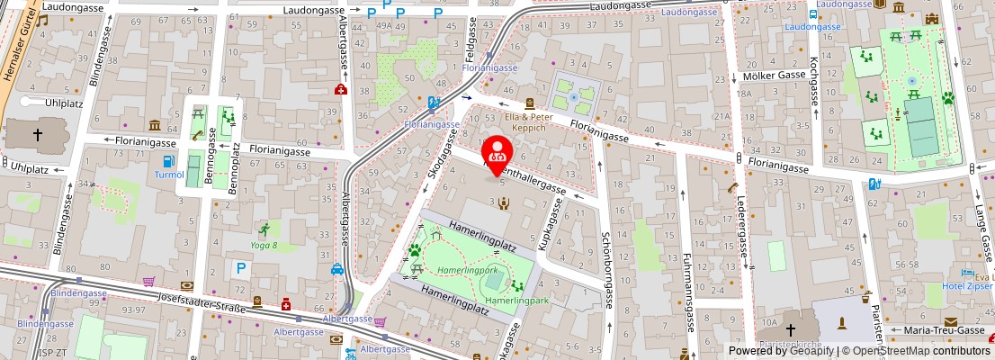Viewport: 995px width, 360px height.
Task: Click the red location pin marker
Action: pyautogui.click(x=497, y=150)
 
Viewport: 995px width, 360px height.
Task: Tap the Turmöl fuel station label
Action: pyautogui.click(x=169, y=175)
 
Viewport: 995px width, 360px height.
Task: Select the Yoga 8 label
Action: pyautogui.click(x=263, y=245)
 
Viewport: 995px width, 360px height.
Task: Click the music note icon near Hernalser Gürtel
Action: pyautogui.click(x=41, y=21)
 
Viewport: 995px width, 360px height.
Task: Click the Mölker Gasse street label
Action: pyautogui.click(x=773, y=76)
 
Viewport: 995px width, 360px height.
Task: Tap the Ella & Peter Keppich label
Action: pyautogui.click(x=529, y=122)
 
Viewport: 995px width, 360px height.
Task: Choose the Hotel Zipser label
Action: pyautogui.click(x=966, y=286)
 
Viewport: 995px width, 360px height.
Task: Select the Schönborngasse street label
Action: pyautogui.click(x=608, y=270)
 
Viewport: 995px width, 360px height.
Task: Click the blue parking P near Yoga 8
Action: pyautogui.click(x=240, y=267)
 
